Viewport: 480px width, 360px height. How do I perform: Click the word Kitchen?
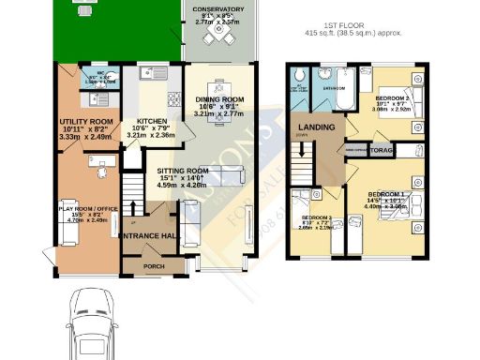click(x=151, y=122)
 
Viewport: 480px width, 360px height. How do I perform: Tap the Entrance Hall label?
click(x=150, y=236)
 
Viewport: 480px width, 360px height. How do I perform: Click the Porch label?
click(x=153, y=265)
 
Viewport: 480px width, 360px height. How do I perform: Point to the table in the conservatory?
click(x=217, y=37)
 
